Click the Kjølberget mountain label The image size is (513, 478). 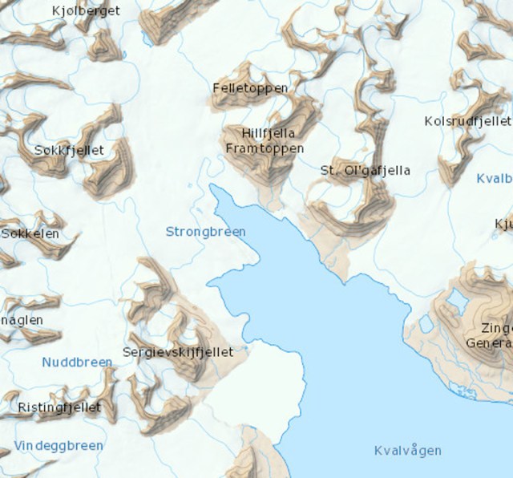pyautogui.click(x=86, y=11)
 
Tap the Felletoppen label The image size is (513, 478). pyautogui.click(x=250, y=87)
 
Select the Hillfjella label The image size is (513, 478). pyautogui.click(x=268, y=134)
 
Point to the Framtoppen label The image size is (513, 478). pyautogui.click(x=265, y=149)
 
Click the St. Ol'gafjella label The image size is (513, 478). pyautogui.click(x=365, y=170)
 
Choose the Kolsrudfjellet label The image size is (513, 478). pyautogui.click(x=467, y=121)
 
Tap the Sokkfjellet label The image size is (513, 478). pyautogui.click(x=64, y=150)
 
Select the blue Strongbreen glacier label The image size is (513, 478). pyautogui.click(x=205, y=232)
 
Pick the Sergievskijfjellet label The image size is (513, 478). pyautogui.click(x=178, y=351)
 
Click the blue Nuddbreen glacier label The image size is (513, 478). pyautogui.click(x=77, y=362)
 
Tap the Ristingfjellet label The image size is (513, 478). pyautogui.click(x=59, y=407)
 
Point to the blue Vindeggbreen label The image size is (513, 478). pyautogui.click(x=59, y=446)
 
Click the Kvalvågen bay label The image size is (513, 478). pyautogui.click(x=407, y=450)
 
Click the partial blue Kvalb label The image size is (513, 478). pyautogui.click(x=494, y=178)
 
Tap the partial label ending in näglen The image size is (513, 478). pyautogui.click(x=19, y=319)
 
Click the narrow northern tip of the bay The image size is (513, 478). pyautogui.click(x=214, y=190)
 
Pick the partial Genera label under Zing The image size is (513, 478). pyautogui.click(x=489, y=342)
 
